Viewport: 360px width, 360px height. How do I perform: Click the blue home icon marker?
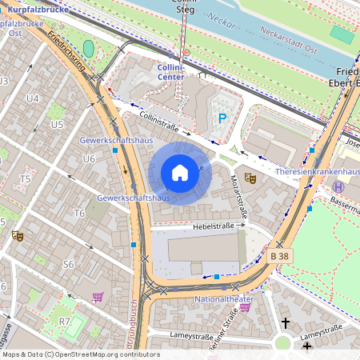180,173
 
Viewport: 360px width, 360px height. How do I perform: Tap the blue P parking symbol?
222,118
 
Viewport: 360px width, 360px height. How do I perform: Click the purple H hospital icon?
338,186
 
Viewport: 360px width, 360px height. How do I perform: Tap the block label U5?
56,125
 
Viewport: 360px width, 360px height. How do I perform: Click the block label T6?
79,213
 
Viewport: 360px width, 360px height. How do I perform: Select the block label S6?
68,263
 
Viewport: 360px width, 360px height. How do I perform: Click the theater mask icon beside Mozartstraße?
249,178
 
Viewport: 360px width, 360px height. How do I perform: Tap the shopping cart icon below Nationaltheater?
244,307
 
